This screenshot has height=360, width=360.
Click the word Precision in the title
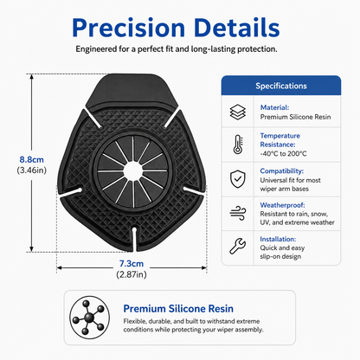[x=128, y=28]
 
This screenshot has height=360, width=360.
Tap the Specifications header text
[x=281, y=86]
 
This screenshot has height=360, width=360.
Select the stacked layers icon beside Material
[x=238, y=112]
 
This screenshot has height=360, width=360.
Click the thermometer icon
[x=238, y=145]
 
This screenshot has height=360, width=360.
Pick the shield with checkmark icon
[x=238, y=179]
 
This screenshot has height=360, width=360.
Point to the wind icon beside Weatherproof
[x=238, y=214]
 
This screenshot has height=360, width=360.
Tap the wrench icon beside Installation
[x=238, y=246]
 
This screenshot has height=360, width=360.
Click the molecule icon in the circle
[x=89, y=318]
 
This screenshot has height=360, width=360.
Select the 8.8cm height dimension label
[x=32, y=159]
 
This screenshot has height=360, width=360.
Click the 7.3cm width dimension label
[x=132, y=263]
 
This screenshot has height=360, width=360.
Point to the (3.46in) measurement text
[x=32, y=170]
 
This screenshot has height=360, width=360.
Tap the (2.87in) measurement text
[x=132, y=274]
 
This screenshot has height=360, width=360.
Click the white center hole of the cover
[x=132, y=171]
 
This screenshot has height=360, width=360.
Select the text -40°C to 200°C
[x=283, y=153]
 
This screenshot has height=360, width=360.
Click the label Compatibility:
[x=281, y=171]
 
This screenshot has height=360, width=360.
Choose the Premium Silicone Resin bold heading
[x=178, y=309]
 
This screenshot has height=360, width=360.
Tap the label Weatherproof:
[x=282, y=205]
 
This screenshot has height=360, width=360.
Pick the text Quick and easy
[x=282, y=247]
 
